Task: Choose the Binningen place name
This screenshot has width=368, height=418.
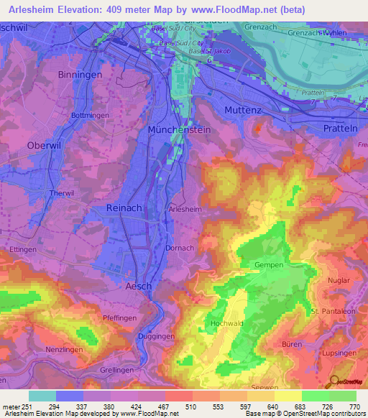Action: click(79, 75)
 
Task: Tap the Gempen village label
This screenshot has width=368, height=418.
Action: click(270, 265)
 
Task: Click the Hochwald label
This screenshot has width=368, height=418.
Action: click(228, 324)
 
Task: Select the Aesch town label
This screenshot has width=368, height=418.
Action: click(139, 286)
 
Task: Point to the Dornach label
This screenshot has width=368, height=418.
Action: click(180, 248)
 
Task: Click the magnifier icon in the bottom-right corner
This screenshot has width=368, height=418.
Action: click(333, 381)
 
